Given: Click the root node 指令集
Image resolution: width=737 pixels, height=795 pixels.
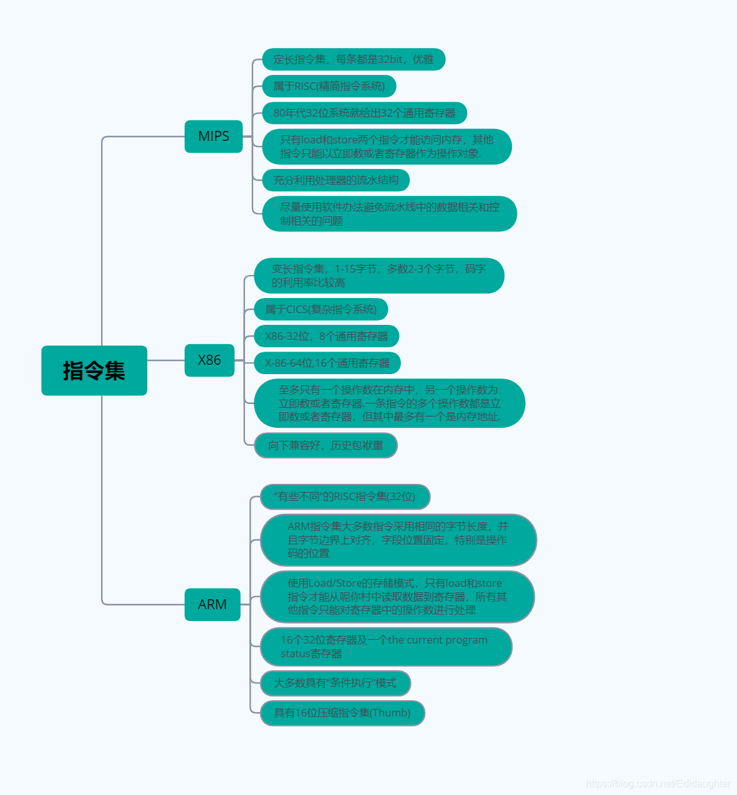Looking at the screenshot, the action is pyautogui.click(x=94, y=370).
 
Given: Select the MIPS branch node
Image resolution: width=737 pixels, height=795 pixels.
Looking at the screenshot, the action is pyautogui.click(x=213, y=136).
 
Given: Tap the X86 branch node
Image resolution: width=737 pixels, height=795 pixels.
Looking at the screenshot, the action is pyautogui.click(x=210, y=360).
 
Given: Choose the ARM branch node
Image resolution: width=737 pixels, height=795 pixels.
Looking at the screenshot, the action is pyautogui.click(x=212, y=604).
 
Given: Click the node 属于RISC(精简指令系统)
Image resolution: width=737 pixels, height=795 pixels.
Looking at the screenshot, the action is pyautogui.click(x=329, y=86).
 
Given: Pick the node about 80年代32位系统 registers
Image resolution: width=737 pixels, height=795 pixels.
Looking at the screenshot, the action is pyautogui.click(x=364, y=113).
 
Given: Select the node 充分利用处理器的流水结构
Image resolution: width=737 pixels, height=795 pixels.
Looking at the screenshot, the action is pyautogui.click(x=335, y=180).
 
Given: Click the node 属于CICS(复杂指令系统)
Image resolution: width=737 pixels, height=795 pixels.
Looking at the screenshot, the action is pyautogui.click(x=320, y=309).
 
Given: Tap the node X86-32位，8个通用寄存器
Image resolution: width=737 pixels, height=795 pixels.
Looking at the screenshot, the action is pyautogui.click(x=326, y=336).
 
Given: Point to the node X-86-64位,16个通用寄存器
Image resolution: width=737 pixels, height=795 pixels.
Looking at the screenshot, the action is pyautogui.click(x=327, y=363).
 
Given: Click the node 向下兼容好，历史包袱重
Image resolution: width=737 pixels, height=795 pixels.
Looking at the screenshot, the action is pyautogui.click(x=325, y=445).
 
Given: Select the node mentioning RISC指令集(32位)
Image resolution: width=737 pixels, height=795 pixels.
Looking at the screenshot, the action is pyautogui.click(x=345, y=496).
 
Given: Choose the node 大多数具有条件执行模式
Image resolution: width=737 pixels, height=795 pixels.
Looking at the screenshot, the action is pyautogui.click(x=335, y=683).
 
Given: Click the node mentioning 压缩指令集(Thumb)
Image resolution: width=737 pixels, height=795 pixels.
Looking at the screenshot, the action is pyautogui.click(x=342, y=713).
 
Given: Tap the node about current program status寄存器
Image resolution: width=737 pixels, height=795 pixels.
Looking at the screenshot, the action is pyautogui.click(x=386, y=647).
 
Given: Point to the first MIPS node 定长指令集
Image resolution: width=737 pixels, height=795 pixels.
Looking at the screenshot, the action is pyautogui.click(x=354, y=59).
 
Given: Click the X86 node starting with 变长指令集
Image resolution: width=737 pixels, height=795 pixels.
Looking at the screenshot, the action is pyautogui.click(x=378, y=276).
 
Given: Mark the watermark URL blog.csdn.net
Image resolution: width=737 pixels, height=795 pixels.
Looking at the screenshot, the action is pyautogui.click(x=658, y=783).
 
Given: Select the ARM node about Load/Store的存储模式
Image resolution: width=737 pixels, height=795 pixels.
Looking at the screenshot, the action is pyautogui.click(x=397, y=597).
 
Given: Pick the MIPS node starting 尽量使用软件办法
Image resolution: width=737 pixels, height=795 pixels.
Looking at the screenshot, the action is pyautogui.click(x=389, y=213).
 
